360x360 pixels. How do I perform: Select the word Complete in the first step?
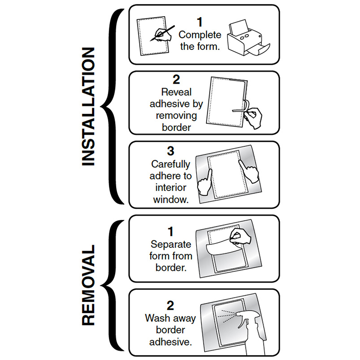click(200, 34)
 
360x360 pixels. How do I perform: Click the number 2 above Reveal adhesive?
click(176, 80)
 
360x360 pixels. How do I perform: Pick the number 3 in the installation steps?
click(171, 151)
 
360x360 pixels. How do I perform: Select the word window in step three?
click(171, 199)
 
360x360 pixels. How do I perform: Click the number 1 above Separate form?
click(171, 232)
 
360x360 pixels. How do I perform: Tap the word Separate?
click(171, 245)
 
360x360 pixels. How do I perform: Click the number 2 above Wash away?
click(171, 306)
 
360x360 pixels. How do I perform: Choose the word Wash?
click(155, 318)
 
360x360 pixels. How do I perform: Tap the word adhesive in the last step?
click(171, 342)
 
